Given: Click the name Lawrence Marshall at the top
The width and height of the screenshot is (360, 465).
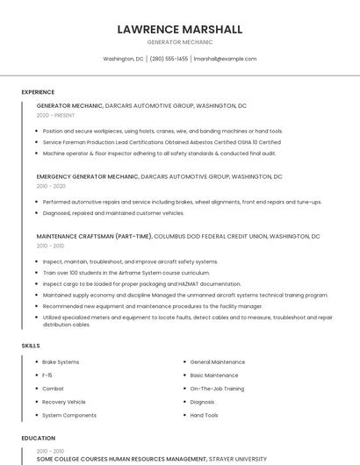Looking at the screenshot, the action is (x=179, y=29).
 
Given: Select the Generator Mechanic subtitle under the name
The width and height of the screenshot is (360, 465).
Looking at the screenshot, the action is (x=179, y=42).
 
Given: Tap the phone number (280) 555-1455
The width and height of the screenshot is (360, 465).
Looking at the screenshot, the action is (x=169, y=59).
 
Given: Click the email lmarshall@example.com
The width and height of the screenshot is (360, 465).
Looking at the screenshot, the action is (x=225, y=59).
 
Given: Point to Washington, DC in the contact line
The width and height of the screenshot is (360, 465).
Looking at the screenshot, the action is (x=123, y=59).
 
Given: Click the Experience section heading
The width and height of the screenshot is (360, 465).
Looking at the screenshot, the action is (x=38, y=92).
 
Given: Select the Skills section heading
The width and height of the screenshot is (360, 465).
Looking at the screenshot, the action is (x=30, y=346).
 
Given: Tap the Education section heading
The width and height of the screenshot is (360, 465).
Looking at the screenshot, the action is (x=38, y=438).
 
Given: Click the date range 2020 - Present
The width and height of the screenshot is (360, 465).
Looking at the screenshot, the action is (x=56, y=115).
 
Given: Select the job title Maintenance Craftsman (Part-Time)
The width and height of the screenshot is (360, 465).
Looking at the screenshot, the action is (x=94, y=236).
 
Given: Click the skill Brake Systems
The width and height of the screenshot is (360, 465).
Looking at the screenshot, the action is (x=61, y=361).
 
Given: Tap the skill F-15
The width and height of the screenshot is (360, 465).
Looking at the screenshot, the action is (x=47, y=375).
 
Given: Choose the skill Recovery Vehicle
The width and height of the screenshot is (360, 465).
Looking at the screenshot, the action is (x=64, y=402).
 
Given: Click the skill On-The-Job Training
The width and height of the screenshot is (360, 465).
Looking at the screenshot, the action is (x=217, y=388).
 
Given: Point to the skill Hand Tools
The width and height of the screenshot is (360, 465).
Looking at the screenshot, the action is (x=204, y=415).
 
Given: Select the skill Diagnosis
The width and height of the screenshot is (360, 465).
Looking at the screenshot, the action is (x=202, y=402).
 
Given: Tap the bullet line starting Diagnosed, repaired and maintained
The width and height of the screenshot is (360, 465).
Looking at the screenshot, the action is (x=113, y=212).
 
